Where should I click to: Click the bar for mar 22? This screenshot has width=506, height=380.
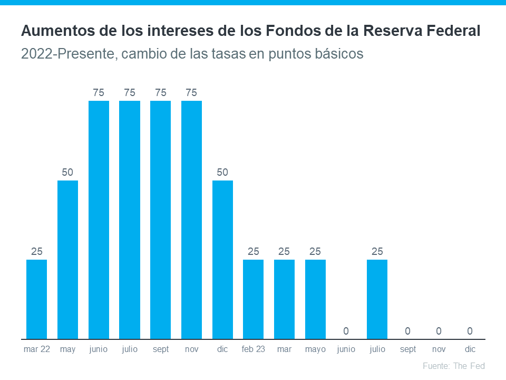[36, 299]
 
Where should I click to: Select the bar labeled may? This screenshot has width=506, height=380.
[67, 259]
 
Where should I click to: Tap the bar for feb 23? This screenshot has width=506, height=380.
[253, 299]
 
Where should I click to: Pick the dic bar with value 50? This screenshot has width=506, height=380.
[222, 259]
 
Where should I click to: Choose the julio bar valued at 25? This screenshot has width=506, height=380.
[377, 299]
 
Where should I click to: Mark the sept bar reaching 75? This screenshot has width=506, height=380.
[160, 220]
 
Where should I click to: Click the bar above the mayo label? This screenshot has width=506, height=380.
[315, 299]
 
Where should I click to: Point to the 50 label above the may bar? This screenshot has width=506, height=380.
[67, 172]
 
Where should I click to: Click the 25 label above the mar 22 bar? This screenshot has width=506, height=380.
[36, 251]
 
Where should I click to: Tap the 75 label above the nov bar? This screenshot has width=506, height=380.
[191, 93]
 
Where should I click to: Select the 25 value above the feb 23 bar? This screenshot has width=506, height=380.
[253, 251]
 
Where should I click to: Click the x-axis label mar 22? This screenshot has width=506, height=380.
[37, 349]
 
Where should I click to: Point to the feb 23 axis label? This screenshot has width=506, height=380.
[253, 349]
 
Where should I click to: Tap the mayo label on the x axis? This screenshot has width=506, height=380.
[315, 349]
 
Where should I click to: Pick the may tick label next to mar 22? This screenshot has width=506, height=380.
[67, 349]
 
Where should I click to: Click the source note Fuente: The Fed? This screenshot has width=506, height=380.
[453, 366]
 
